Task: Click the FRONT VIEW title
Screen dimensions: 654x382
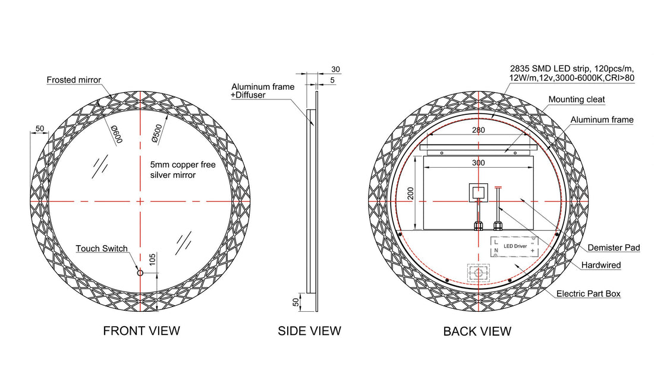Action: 142,331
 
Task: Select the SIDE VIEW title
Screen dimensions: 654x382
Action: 310,331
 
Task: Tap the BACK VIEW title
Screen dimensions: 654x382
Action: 477,331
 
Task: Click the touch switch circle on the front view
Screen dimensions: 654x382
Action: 140,273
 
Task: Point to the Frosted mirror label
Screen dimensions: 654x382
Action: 74,80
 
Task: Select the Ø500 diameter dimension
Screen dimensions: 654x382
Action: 157,134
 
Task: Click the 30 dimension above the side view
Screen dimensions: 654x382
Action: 335,69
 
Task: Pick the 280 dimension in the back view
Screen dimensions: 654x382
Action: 479,130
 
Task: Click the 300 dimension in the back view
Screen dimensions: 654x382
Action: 479,162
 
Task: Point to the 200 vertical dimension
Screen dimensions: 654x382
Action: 411,193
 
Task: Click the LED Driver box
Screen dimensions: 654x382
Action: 514,246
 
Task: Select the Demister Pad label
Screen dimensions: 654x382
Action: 614,248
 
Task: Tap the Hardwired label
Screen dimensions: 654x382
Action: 601,265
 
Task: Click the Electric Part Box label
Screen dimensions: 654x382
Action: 589,293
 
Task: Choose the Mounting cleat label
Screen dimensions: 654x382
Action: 577,99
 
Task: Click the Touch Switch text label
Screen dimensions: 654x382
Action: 102,248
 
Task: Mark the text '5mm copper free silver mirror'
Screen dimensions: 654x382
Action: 183,170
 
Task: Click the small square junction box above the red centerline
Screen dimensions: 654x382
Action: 479,192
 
